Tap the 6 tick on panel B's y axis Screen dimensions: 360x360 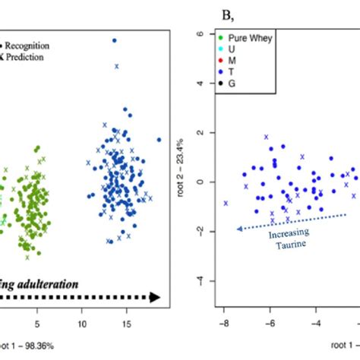[197, 34]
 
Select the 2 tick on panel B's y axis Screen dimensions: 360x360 [197, 133]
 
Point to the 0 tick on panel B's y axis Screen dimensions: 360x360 [197, 182]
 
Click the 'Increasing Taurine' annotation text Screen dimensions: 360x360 [282, 239]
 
